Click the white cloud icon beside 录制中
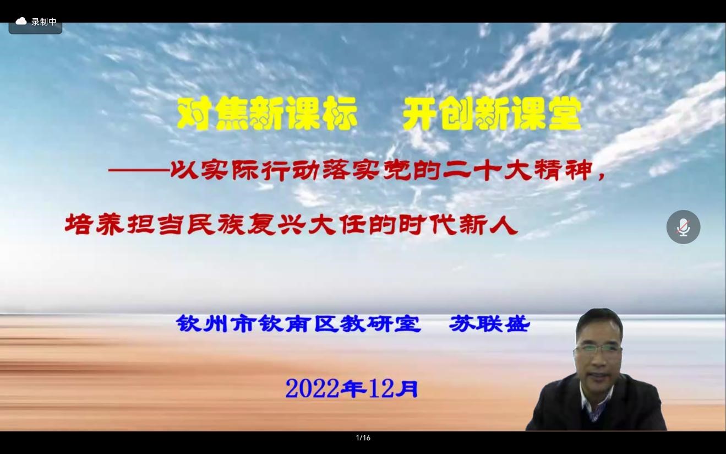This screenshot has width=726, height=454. [21, 21]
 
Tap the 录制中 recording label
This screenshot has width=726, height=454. [44, 21]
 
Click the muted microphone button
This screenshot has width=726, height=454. [683, 227]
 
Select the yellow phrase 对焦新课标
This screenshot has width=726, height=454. [267, 114]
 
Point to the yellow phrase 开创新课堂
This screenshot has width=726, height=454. [492, 114]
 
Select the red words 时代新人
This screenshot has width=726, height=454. [457, 225]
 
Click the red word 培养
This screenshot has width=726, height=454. [94, 225]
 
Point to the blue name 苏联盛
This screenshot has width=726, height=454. [489, 323]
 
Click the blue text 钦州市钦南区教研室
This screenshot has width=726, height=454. [298, 323]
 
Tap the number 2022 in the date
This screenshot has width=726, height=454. [312, 389]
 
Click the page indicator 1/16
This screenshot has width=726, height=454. [363, 438]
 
